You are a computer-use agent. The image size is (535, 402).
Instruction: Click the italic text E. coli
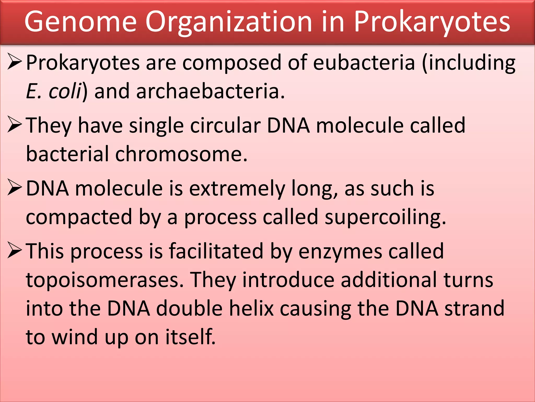54,91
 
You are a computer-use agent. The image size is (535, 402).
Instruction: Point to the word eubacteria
364,63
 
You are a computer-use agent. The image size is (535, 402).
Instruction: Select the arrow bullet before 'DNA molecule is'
15,187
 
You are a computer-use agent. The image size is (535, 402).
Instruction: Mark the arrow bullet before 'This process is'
15,250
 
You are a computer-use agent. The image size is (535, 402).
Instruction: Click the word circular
225,125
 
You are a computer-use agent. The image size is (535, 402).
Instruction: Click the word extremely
237,188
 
